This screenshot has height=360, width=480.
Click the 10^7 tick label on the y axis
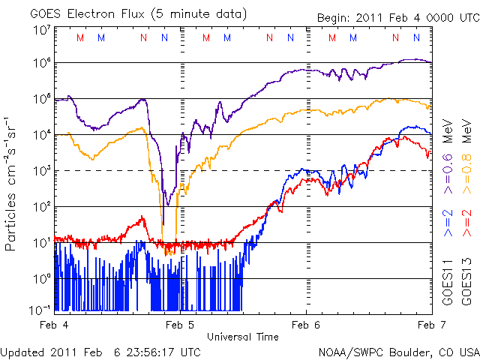click(x=41, y=30)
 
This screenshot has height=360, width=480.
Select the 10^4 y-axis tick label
click(x=41, y=135)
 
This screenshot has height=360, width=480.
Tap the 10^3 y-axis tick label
click(x=41, y=171)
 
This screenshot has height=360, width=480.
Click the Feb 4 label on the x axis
click(x=55, y=325)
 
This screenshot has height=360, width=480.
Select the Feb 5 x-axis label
click(x=180, y=325)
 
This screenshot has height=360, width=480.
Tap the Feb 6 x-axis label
click(x=306, y=325)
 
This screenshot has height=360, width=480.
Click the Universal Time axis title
click(x=243, y=337)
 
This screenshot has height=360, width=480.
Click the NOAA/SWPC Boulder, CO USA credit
click(x=398, y=351)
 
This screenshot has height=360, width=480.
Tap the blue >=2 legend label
click(x=448, y=224)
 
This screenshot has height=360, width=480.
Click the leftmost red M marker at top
click(x=80, y=37)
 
